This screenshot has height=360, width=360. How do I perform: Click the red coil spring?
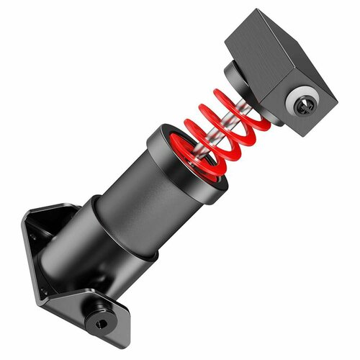(x=216, y=133)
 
